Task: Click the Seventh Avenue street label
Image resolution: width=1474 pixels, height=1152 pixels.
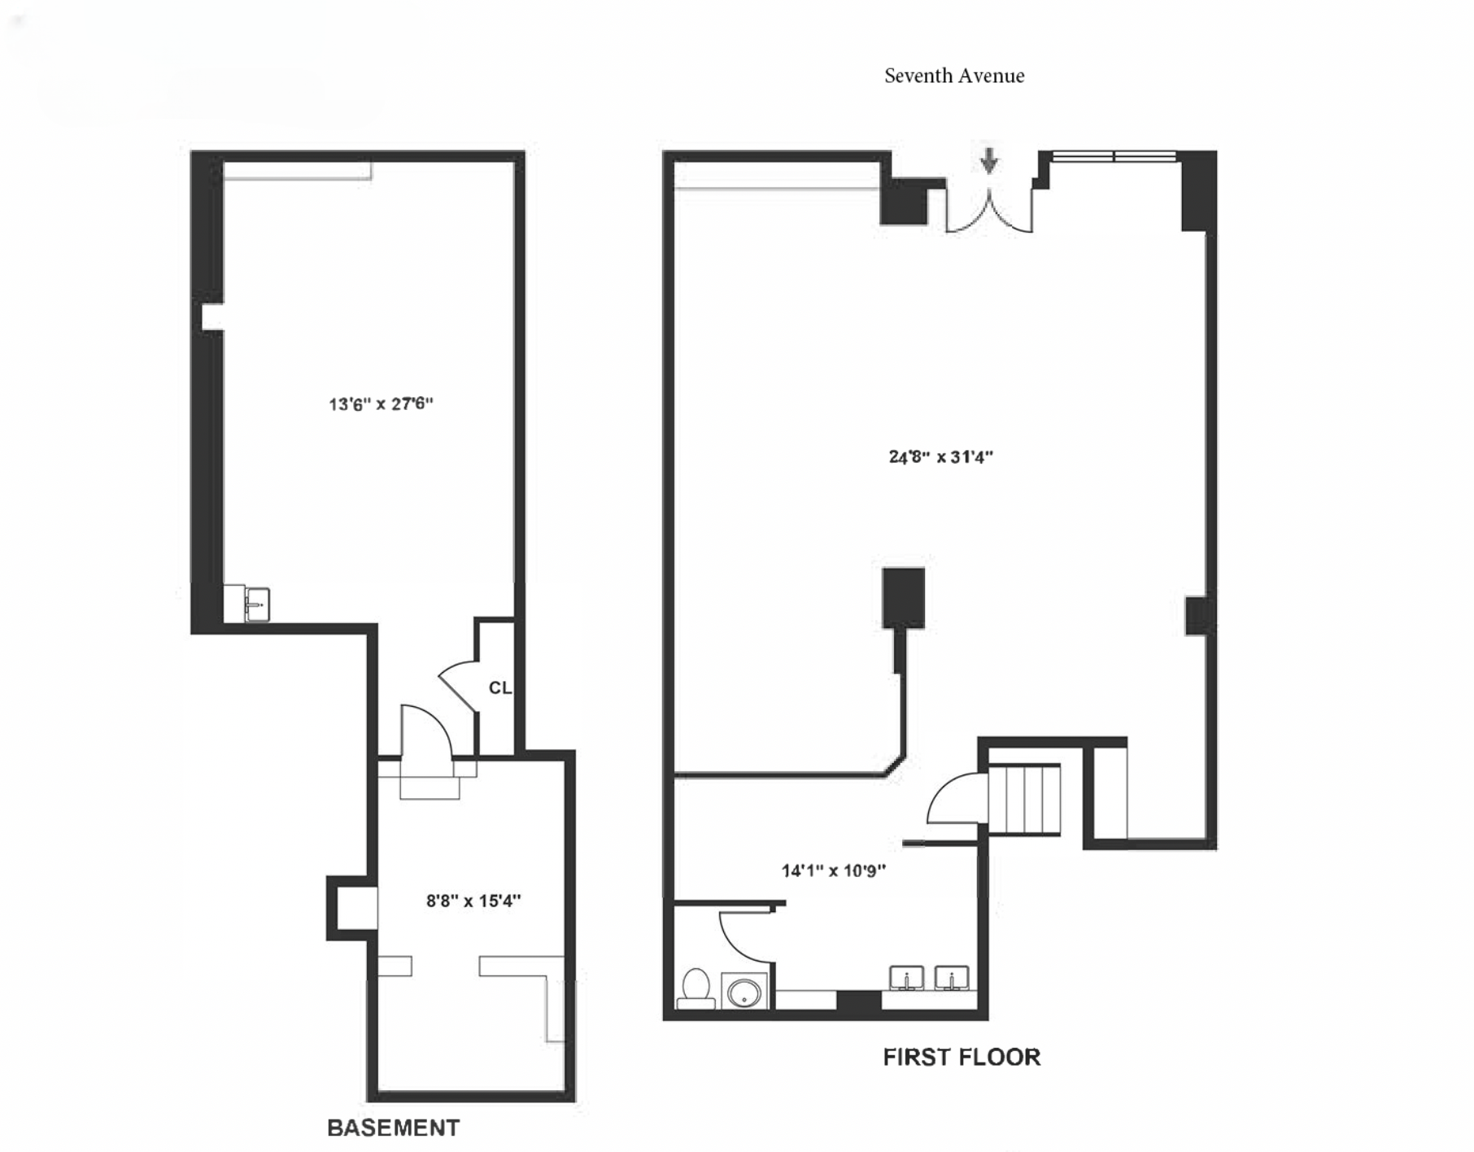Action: (954, 76)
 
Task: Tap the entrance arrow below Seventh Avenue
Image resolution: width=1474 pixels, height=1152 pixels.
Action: (988, 160)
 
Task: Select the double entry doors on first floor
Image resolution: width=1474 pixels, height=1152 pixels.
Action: (988, 211)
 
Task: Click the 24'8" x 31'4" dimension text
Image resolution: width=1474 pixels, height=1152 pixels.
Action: (941, 457)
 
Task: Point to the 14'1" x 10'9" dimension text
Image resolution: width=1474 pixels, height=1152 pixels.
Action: (834, 871)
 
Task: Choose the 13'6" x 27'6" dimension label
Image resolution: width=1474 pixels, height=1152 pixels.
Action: (381, 404)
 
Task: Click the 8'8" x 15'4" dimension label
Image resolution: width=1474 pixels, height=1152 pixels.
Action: (473, 901)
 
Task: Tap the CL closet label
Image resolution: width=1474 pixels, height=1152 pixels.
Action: (499, 688)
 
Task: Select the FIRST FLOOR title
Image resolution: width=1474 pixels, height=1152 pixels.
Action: (962, 1057)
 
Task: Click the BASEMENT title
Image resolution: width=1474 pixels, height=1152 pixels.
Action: (393, 1128)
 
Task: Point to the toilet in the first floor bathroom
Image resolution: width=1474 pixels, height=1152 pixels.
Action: (696, 988)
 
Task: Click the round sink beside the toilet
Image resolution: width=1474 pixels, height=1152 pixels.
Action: (744, 992)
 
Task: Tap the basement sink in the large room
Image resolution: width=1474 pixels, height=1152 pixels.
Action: (256, 604)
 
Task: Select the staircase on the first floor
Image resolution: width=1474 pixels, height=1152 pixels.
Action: (1024, 798)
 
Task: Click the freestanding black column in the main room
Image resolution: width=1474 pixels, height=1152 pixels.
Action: (903, 598)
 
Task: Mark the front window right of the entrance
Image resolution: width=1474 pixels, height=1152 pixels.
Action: (1114, 156)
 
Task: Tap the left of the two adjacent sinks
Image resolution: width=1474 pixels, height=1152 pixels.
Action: (905, 978)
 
